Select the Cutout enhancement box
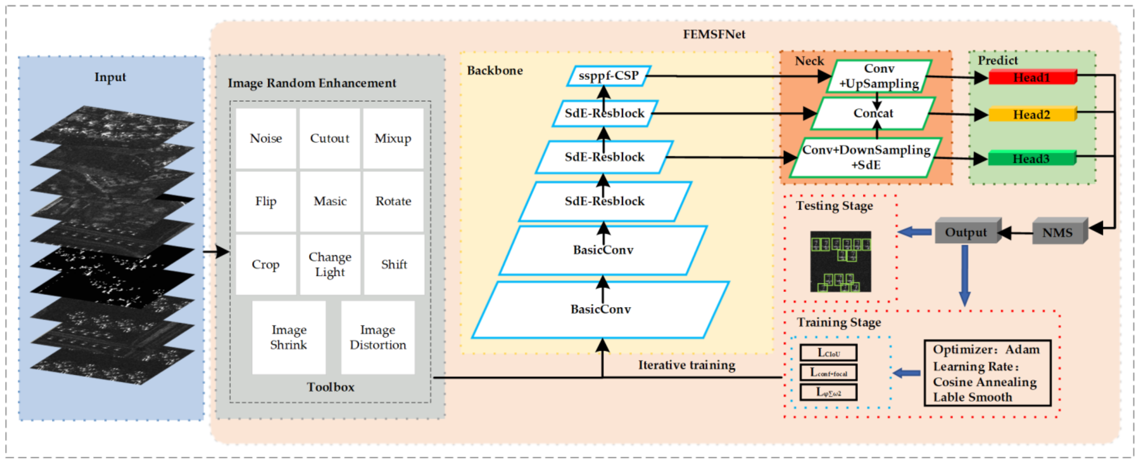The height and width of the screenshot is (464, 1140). pyautogui.click(x=330, y=139)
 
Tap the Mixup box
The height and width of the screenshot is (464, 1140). pyautogui.click(x=393, y=139)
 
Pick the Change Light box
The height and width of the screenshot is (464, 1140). pyautogui.click(x=330, y=264)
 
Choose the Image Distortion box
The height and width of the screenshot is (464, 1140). pyautogui.click(x=378, y=338)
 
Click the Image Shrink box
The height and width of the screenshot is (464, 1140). pyautogui.click(x=289, y=338)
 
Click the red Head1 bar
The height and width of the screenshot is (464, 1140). pyautogui.click(x=1032, y=77)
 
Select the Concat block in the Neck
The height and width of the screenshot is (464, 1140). pyautogui.click(x=873, y=113)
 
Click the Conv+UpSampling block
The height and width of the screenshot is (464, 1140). pyautogui.click(x=879, y=76)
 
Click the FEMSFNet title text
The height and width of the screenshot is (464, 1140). pyautogui.click(x=714, y=34)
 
